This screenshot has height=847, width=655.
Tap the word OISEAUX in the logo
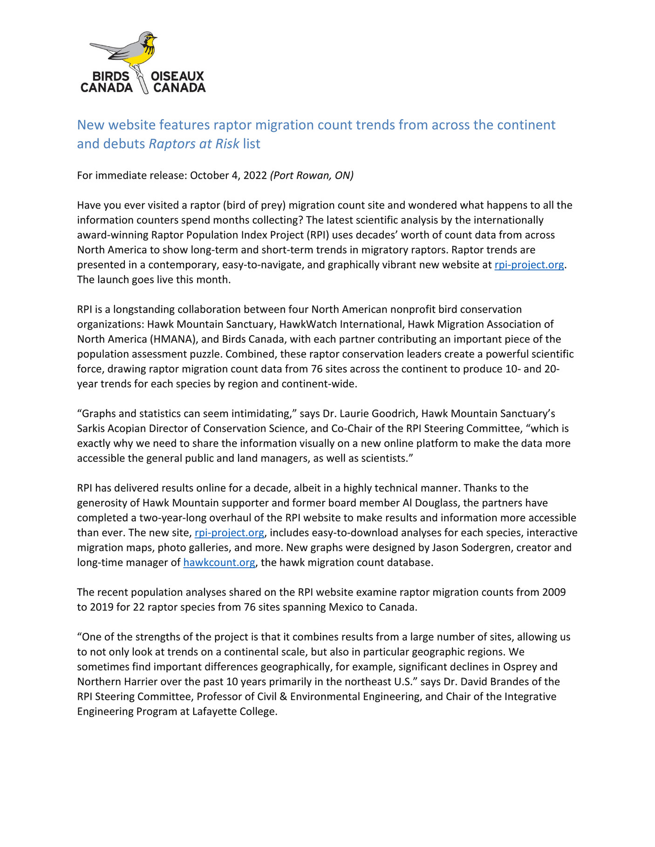point(177,76)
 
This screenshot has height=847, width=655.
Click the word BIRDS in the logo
point(111,76)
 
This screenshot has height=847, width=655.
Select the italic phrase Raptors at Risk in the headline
point(194,144)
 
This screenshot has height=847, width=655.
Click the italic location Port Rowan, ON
point(312,176)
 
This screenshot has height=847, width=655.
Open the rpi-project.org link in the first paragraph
point(529,265)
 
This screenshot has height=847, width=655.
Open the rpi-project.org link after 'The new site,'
point(229,533)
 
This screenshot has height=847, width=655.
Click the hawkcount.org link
point(219,563)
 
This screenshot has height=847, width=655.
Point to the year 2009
point(554,593)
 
